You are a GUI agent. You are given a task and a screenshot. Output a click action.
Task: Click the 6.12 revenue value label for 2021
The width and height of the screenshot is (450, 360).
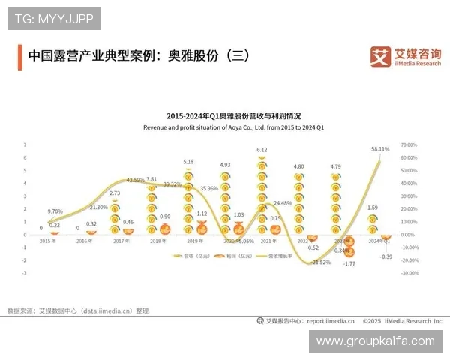tap(262, 150)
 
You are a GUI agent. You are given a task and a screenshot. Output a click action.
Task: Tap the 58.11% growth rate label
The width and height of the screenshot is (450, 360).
tap(380, 149)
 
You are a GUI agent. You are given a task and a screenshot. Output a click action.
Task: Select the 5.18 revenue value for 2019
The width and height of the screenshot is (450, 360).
tap(188, 162)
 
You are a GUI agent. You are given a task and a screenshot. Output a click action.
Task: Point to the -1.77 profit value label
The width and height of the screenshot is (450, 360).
tap(349, 264)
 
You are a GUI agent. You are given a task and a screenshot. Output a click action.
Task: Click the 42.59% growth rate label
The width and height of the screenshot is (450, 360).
tap(136, 180)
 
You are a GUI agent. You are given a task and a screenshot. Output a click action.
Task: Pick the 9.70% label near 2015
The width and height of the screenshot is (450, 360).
tap(55, 211)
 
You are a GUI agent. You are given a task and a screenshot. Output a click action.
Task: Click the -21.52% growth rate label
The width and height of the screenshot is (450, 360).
tap(321, 262)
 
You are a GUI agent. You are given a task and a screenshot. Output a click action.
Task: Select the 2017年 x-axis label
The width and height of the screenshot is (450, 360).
tap(121, 241)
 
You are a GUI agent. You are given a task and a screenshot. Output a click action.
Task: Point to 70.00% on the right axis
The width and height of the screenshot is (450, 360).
tap(409, 145)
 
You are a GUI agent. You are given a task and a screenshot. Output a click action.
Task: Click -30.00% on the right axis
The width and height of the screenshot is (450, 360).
tap(409, 273)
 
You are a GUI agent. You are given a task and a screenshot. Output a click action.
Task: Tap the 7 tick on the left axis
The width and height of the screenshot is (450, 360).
tap(25, 145)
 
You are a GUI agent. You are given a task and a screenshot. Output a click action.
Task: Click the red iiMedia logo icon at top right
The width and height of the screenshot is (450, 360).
tap(381, 56)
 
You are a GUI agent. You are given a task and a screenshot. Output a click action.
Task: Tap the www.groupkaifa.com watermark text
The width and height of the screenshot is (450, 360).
tap(375, 340)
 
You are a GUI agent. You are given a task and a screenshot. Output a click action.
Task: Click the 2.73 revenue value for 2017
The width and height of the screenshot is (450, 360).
tap(115, 193)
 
